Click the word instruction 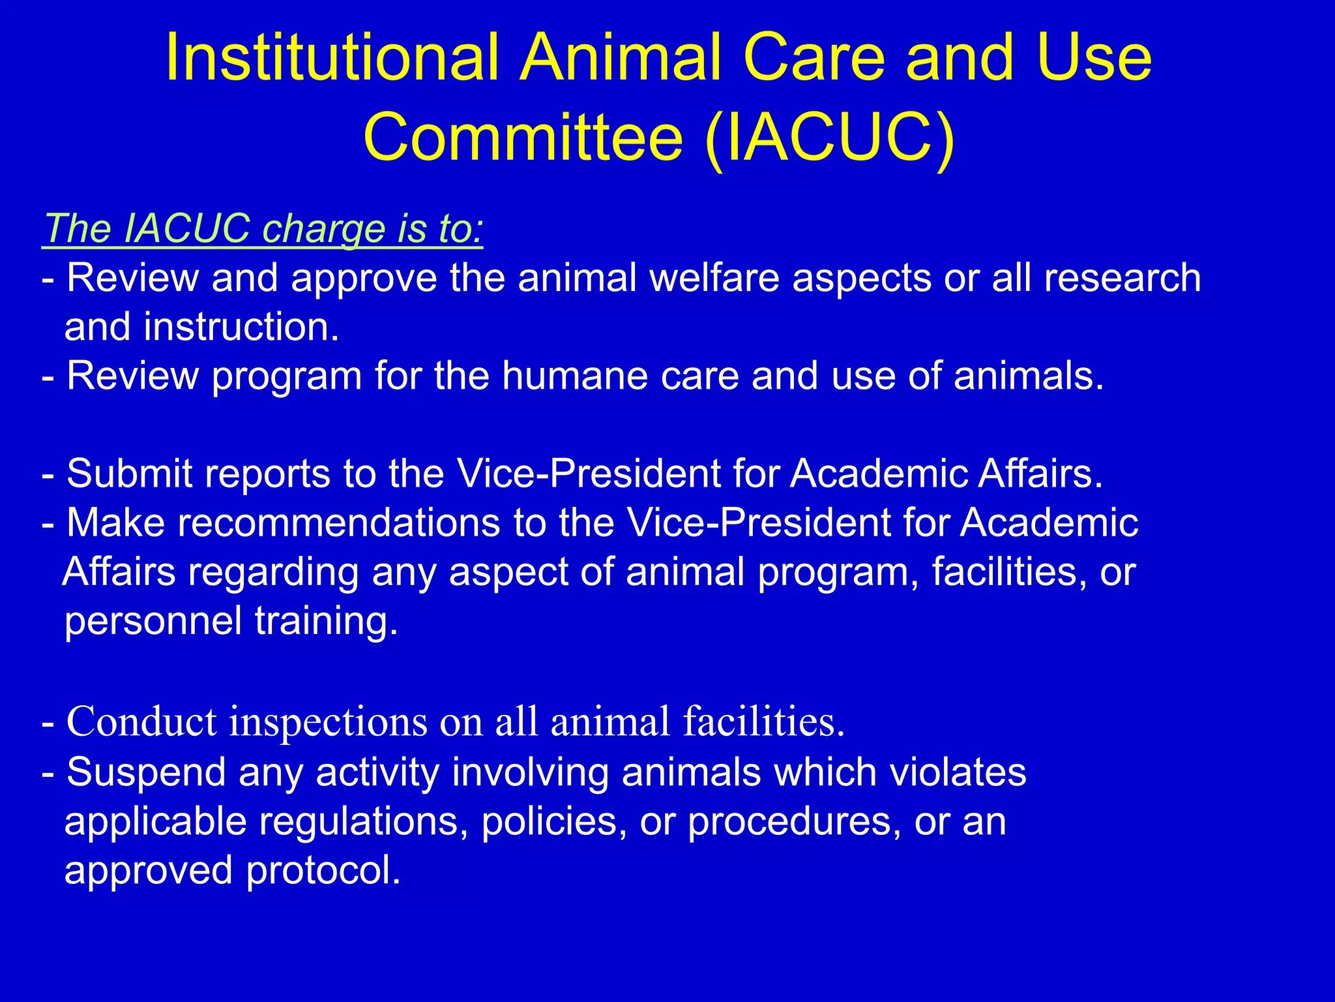241,327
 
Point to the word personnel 153,622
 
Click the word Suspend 146,772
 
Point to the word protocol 323,871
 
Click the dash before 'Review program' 48,378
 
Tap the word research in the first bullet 1122,279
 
